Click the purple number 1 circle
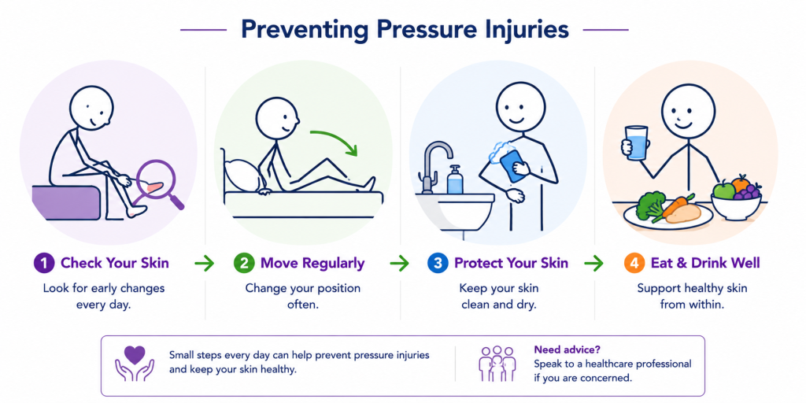[x=44, y=264]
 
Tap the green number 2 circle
[x=244, y=264]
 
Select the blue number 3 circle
[x=437, y=264]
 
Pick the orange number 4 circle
[x=634, y=264]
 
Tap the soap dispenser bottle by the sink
[x=454, y=180]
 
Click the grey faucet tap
[x=433, y=165]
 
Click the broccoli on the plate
[x=649, y=205]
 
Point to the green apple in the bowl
[x=724, y=190]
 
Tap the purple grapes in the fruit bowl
[x=748, y=191]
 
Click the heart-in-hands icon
[x=134, y=364]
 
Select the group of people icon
[x=497, y=364]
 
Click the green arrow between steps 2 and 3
[x=399, y=264]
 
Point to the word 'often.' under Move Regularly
[x=303, y=304]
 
